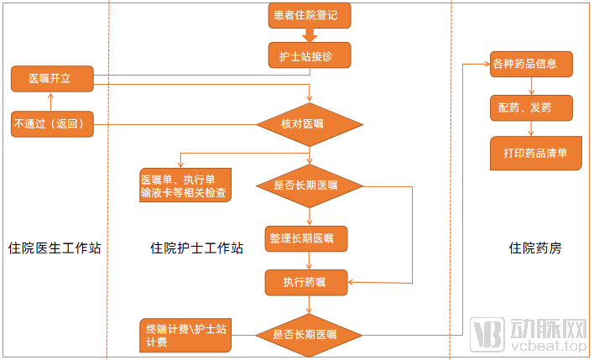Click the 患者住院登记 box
[x=308, y=15]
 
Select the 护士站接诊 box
[x=308, y=56]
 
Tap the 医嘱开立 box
[x=50, y=79]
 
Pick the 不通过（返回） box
[x=51, y=125]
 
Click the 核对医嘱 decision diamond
[x=309, y=125]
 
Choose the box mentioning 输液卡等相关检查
[x=185, y=186]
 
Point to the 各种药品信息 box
[x=532, y=63]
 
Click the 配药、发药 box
[x=532, y=107]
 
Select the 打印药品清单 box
[x=535, y=154]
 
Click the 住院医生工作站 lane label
[x=55, y=248]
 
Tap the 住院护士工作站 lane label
[x=197, y=248]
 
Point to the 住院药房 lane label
[x=535, y=248]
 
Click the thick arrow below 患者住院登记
[x=309, y=35]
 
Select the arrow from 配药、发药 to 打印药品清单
[x=532, y=128]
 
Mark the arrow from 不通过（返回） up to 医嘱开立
[x=50, y=102]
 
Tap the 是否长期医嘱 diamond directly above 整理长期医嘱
[x=309, y=185]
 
